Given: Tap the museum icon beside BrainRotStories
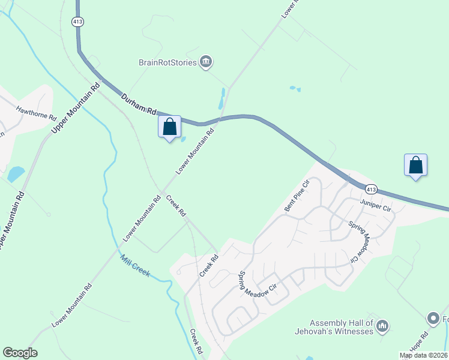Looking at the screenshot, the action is click(x=206, y=62).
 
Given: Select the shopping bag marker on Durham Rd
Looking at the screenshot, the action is click(x=170, y=127).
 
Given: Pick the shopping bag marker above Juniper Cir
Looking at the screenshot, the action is click(x=416, y=165).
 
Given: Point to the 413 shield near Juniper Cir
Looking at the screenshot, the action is click(x=371, y=190).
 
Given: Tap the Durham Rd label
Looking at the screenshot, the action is click(x=139, y=104).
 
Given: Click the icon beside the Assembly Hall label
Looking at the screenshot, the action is click(x=382, y=326).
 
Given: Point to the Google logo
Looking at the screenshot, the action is click(x=20, y=353).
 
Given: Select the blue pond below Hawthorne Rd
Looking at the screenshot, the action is click(x=16, y=174).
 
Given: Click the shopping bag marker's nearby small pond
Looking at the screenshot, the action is click(x=183, y=139).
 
